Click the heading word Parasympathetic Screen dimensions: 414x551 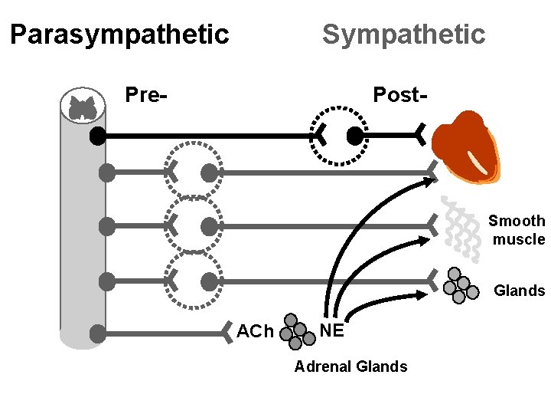tap(119, 34)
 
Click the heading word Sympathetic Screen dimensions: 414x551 tap(403, 34)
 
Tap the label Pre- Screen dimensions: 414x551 tap(147, 96)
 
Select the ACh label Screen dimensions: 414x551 tap(255, 332)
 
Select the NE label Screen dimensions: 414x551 tap(331, 331)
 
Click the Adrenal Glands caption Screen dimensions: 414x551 tap(350, 366)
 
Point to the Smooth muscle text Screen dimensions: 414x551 tap(518, 230)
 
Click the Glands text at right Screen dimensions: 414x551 tap(519, 291)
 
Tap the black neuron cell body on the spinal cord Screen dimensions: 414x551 tap(97, 136)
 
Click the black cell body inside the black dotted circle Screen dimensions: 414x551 tap(354, 136)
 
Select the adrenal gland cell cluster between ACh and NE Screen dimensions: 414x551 tap(296, 330)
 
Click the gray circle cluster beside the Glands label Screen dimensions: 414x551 tap(458, 284)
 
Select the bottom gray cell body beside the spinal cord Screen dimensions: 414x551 tap(97, 333)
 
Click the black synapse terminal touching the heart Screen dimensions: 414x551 tap(420, 136)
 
